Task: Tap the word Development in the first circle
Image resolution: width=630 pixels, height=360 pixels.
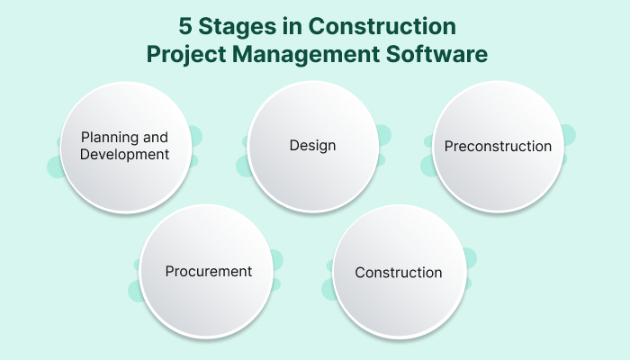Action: pyautogui.click(x=124, y=154)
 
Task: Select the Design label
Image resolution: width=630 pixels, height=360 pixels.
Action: pyautogui.click(x=311, y=145)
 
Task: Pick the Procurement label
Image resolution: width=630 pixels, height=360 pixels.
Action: pyautogui.click(x=208, y=271)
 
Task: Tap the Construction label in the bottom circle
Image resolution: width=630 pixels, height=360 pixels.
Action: pyautogui.click(x=399, y=272)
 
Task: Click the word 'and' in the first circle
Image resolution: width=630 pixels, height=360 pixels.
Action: pyautogui.click(x=156, y=138)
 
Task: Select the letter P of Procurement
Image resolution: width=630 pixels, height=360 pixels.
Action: pyautogui.click(x=169, y=271)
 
